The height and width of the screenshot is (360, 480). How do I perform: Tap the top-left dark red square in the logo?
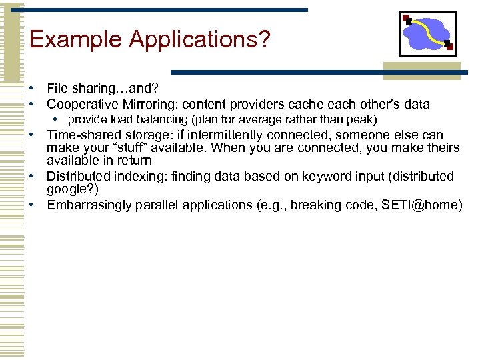(407, 19)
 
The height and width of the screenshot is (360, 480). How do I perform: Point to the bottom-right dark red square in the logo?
(449, 47)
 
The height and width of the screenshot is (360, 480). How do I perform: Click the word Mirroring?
(143, 104)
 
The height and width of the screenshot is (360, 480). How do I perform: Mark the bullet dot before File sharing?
(31, 89)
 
